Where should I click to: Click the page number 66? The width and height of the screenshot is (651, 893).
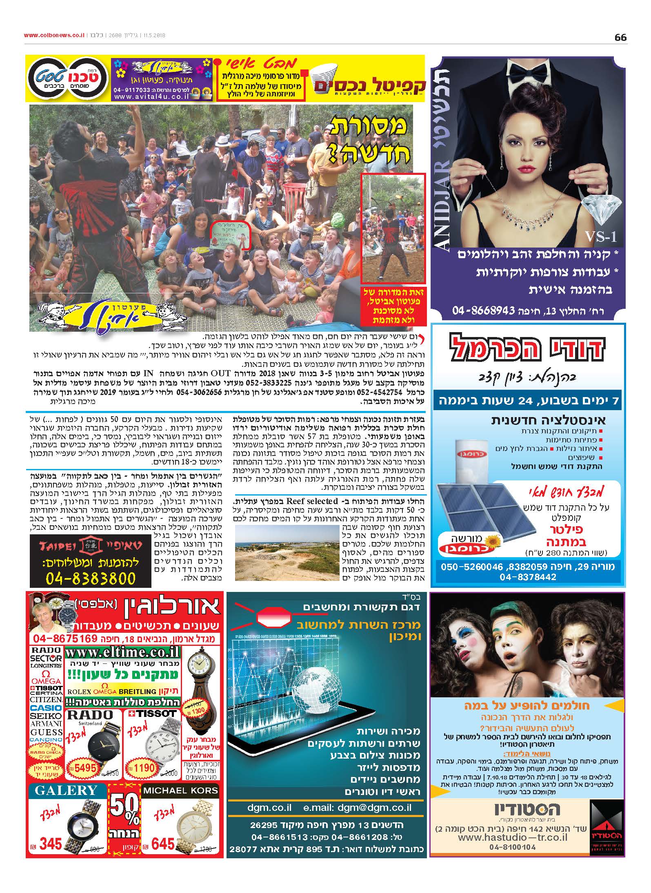point(620,37)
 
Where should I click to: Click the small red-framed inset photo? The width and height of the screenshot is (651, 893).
point(393,228)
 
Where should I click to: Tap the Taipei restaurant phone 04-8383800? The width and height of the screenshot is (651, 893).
point(90,578)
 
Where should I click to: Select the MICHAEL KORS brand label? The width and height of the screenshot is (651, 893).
point(180,790)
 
